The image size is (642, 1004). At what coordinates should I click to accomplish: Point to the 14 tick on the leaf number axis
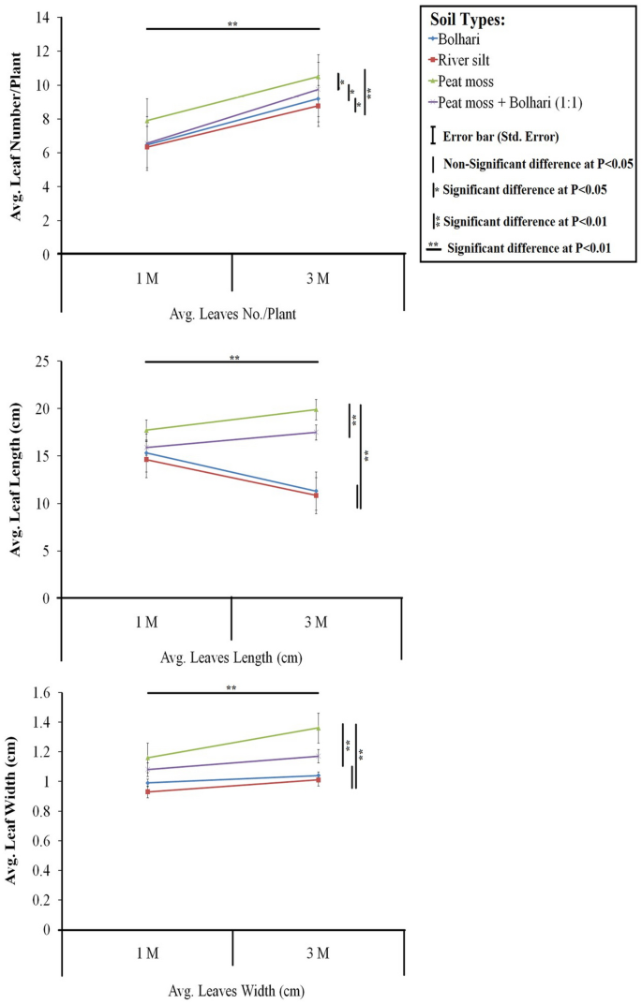pyautogui.click(x=43, y=18)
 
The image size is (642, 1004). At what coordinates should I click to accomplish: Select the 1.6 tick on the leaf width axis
pyautogui.click(x=41, y=694)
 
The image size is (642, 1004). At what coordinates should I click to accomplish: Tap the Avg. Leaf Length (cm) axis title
pyautogui.click(x=16, y=480)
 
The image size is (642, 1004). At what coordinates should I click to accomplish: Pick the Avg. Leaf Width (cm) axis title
pyautogui.click(x=16, y=812)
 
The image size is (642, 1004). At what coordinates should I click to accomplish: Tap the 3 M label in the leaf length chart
pyautogui.click(x=317, y=622)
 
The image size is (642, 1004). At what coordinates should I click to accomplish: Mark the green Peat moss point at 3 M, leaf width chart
pyautogui.click(x=319, y=728)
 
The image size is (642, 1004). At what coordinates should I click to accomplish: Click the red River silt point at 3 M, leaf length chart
pyautogui.click(x=319, y=495)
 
